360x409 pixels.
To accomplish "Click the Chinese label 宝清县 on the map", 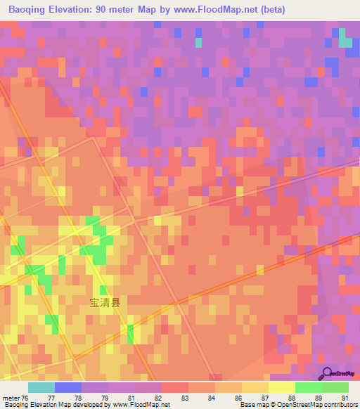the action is [105, 303].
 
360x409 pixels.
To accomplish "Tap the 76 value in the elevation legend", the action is [25, 397].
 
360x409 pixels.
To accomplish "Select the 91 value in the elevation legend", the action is [345, 397].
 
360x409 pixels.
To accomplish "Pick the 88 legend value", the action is [291, 397].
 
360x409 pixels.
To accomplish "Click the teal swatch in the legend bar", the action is [41, 387].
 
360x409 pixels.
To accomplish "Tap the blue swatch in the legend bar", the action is [67, 387].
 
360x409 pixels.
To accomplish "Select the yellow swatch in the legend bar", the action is [281, 387].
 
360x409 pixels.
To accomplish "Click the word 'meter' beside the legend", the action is [10, 397].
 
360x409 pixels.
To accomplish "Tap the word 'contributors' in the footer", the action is [341, 405].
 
